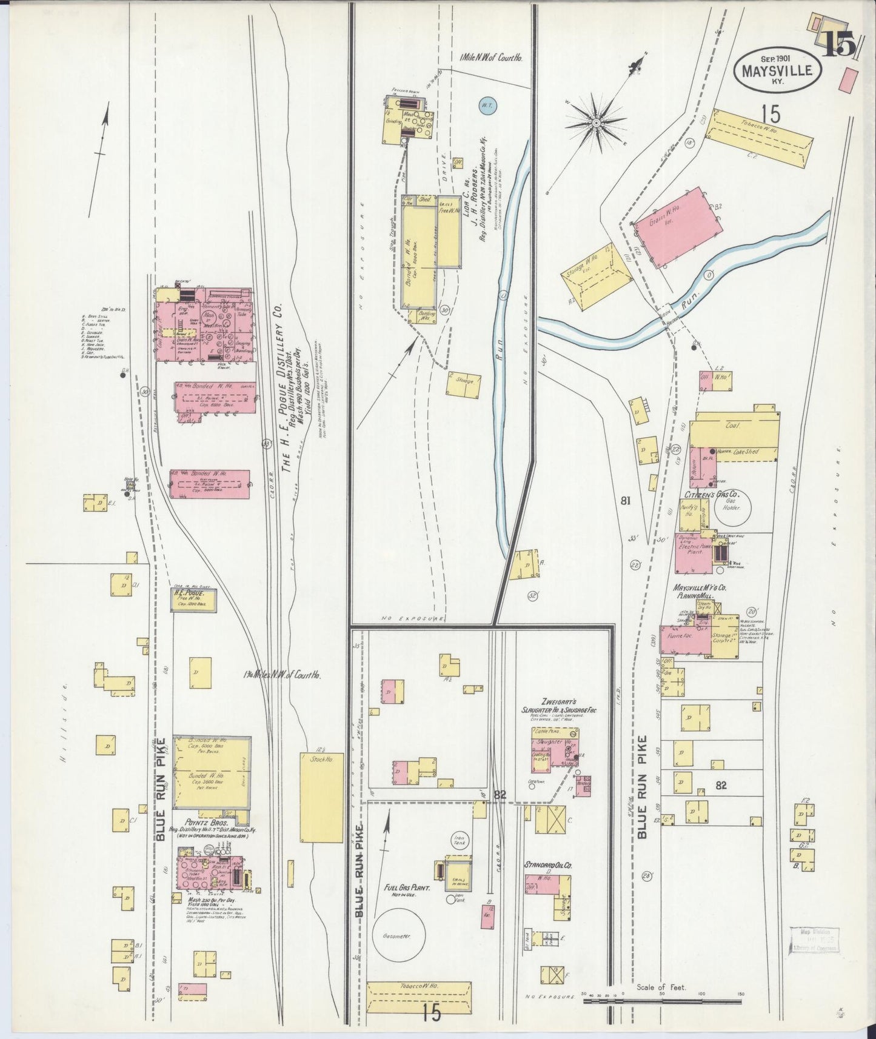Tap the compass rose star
coord(596,123)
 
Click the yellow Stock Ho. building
coord(321,797)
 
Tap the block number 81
coord(626,501)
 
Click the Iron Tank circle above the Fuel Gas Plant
coord(458,840)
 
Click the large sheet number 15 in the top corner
coord(839,46)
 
